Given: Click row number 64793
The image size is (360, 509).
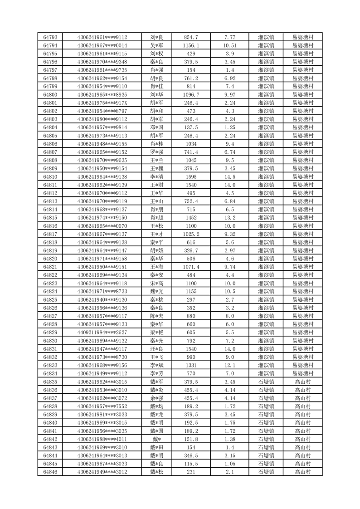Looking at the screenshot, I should pyautogui.click(x=50, y=37).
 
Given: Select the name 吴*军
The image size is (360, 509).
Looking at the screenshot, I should pyautogui.click(x=156, y=45).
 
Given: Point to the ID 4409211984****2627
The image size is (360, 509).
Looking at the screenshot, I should pyautogui.click(x=102, y=333).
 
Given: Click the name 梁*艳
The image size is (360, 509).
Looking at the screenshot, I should pyautogui.click(x=156, y=333).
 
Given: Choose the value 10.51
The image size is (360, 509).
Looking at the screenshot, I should pyautogui.click(x=230, y=45).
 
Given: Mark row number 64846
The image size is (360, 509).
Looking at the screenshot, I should pyautogui.click(x=50, y=472).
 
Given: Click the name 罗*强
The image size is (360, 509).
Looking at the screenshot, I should pyautogui.click(x=156, y=152).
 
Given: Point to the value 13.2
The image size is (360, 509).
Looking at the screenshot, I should pyautogui.click(x=230, y=218).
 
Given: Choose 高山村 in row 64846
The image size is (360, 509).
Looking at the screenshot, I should pyautogui.click(x=302, y=472).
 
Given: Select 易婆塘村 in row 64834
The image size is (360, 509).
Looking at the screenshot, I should pyautogui.click(x=302, y=374).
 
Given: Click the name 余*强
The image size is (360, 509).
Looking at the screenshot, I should pyautogui.click(x=156, y=398).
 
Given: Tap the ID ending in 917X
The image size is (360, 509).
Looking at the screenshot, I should pyautogui.click(x=102, y=103).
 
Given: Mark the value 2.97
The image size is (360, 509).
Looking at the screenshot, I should pyautogui.click(x=230, y=250).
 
